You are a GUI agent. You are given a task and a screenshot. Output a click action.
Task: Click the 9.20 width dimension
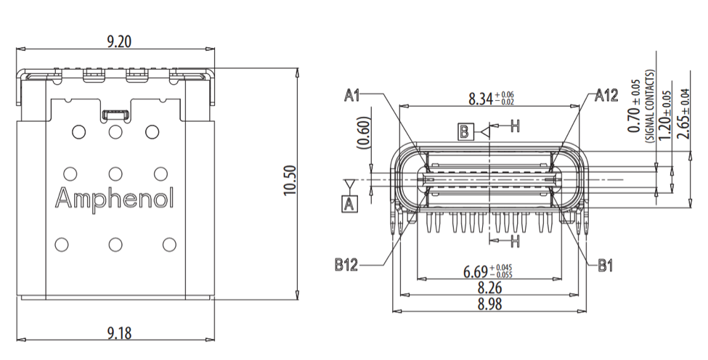coord(118,41)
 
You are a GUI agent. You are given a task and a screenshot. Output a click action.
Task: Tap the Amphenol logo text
coord(115,197)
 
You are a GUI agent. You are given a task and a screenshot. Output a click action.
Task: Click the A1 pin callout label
coord(354,95)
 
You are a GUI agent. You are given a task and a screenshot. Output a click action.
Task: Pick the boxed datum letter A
coord(350,203)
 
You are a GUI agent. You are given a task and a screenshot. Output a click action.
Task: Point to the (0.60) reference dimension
coord(363,131)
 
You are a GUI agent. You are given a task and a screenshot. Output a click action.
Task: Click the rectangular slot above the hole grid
coord(115,114)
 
